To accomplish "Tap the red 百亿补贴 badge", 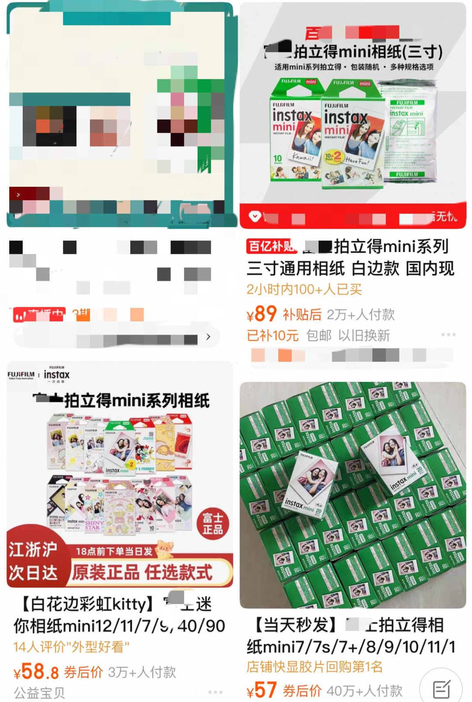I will point(271,246).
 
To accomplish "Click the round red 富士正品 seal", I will point(213,524).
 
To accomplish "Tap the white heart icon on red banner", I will point(255,216).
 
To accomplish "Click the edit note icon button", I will point(441,689).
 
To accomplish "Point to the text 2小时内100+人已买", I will point(304,290).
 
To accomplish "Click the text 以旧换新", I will point(364,335).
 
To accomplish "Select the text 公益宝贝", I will point(39,693).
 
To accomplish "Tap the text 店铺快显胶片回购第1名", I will point(315,667).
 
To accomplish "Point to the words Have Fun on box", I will point(357,161).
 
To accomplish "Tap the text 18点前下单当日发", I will point(114,551).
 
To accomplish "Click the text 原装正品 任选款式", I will point(142,572).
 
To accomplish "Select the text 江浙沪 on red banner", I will point(33,549).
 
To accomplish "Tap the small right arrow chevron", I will point(208,336).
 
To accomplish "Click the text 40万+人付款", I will point(364,691).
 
